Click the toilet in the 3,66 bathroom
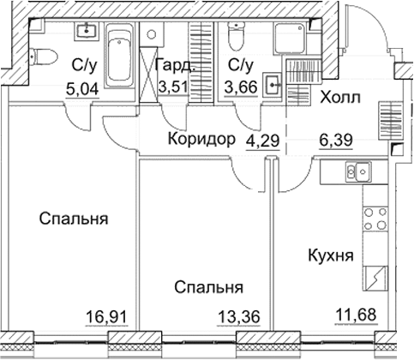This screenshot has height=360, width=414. (237, 37)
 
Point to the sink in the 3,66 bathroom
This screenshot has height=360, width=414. (272, 84)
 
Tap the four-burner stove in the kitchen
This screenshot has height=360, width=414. (374, 222)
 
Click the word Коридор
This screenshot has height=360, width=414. (201, 140)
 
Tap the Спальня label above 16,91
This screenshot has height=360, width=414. (73, 219)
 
